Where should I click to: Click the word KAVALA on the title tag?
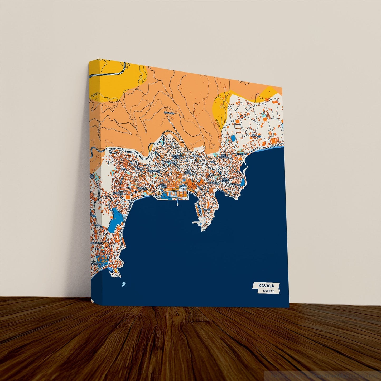(266, 286)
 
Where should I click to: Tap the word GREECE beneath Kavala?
(269, 291)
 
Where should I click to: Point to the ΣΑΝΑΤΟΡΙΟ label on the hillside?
(169, 113)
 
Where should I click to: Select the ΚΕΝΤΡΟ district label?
(183, 186)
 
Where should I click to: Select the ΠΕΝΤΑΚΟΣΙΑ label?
(235, 184)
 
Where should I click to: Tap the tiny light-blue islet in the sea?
(123, 284)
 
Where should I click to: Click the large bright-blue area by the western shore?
(115, 220)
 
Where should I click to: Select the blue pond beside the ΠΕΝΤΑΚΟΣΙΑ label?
(242, 182)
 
